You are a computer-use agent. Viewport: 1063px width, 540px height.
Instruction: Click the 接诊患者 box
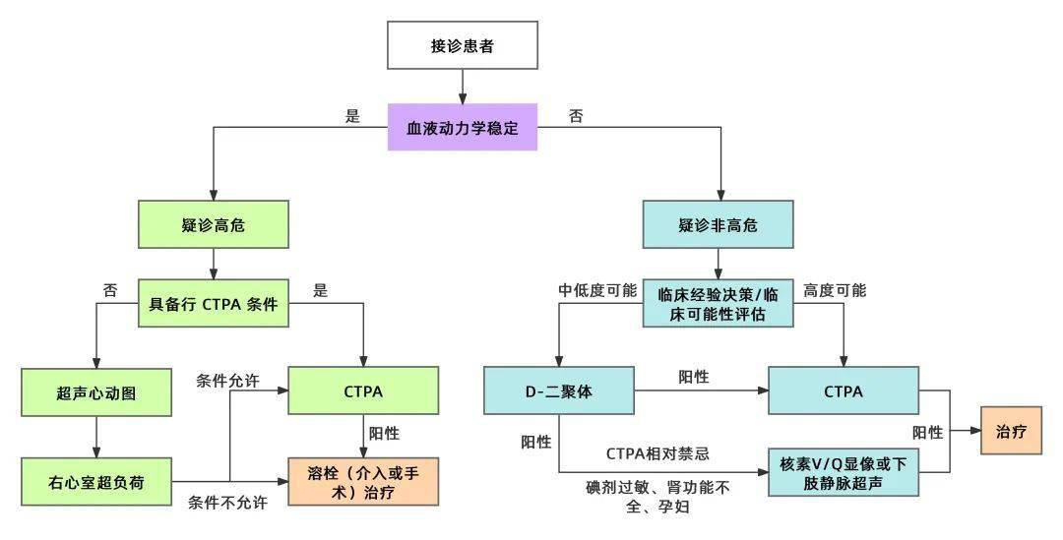(x=463, y=47)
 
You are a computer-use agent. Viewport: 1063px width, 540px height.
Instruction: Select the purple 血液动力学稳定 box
(x=463, y=128)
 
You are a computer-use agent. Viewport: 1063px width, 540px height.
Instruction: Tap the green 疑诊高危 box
(x=214, y=225)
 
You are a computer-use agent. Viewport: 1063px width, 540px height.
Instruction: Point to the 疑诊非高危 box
(x=718, y=225)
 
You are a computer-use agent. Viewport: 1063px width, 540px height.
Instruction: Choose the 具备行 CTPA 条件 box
(x=214, y=303)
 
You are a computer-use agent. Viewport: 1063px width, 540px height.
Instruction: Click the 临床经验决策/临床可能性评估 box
(x=718, y=302)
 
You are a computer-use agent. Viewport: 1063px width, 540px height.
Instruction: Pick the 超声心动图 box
(x=95, y=391)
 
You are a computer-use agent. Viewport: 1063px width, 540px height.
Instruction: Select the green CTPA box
(x=363, y=391)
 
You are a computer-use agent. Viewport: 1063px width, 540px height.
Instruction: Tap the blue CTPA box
(x=844, y=391)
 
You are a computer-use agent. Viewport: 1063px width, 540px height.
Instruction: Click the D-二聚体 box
(x=558, y=391)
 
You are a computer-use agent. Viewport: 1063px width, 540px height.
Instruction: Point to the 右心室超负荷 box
(x=95, y=481)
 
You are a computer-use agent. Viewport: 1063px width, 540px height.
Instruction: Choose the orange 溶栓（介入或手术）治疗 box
(x=363, y=481)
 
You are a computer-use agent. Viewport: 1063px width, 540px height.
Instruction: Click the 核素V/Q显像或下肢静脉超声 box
(x=844, y=472)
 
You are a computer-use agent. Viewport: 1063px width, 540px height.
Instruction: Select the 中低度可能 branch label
(x=598, y=291)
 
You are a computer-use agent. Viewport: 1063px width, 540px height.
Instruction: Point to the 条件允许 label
(x=227, y=381)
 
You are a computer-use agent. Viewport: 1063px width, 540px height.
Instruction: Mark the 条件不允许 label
(x=227, y=503)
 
